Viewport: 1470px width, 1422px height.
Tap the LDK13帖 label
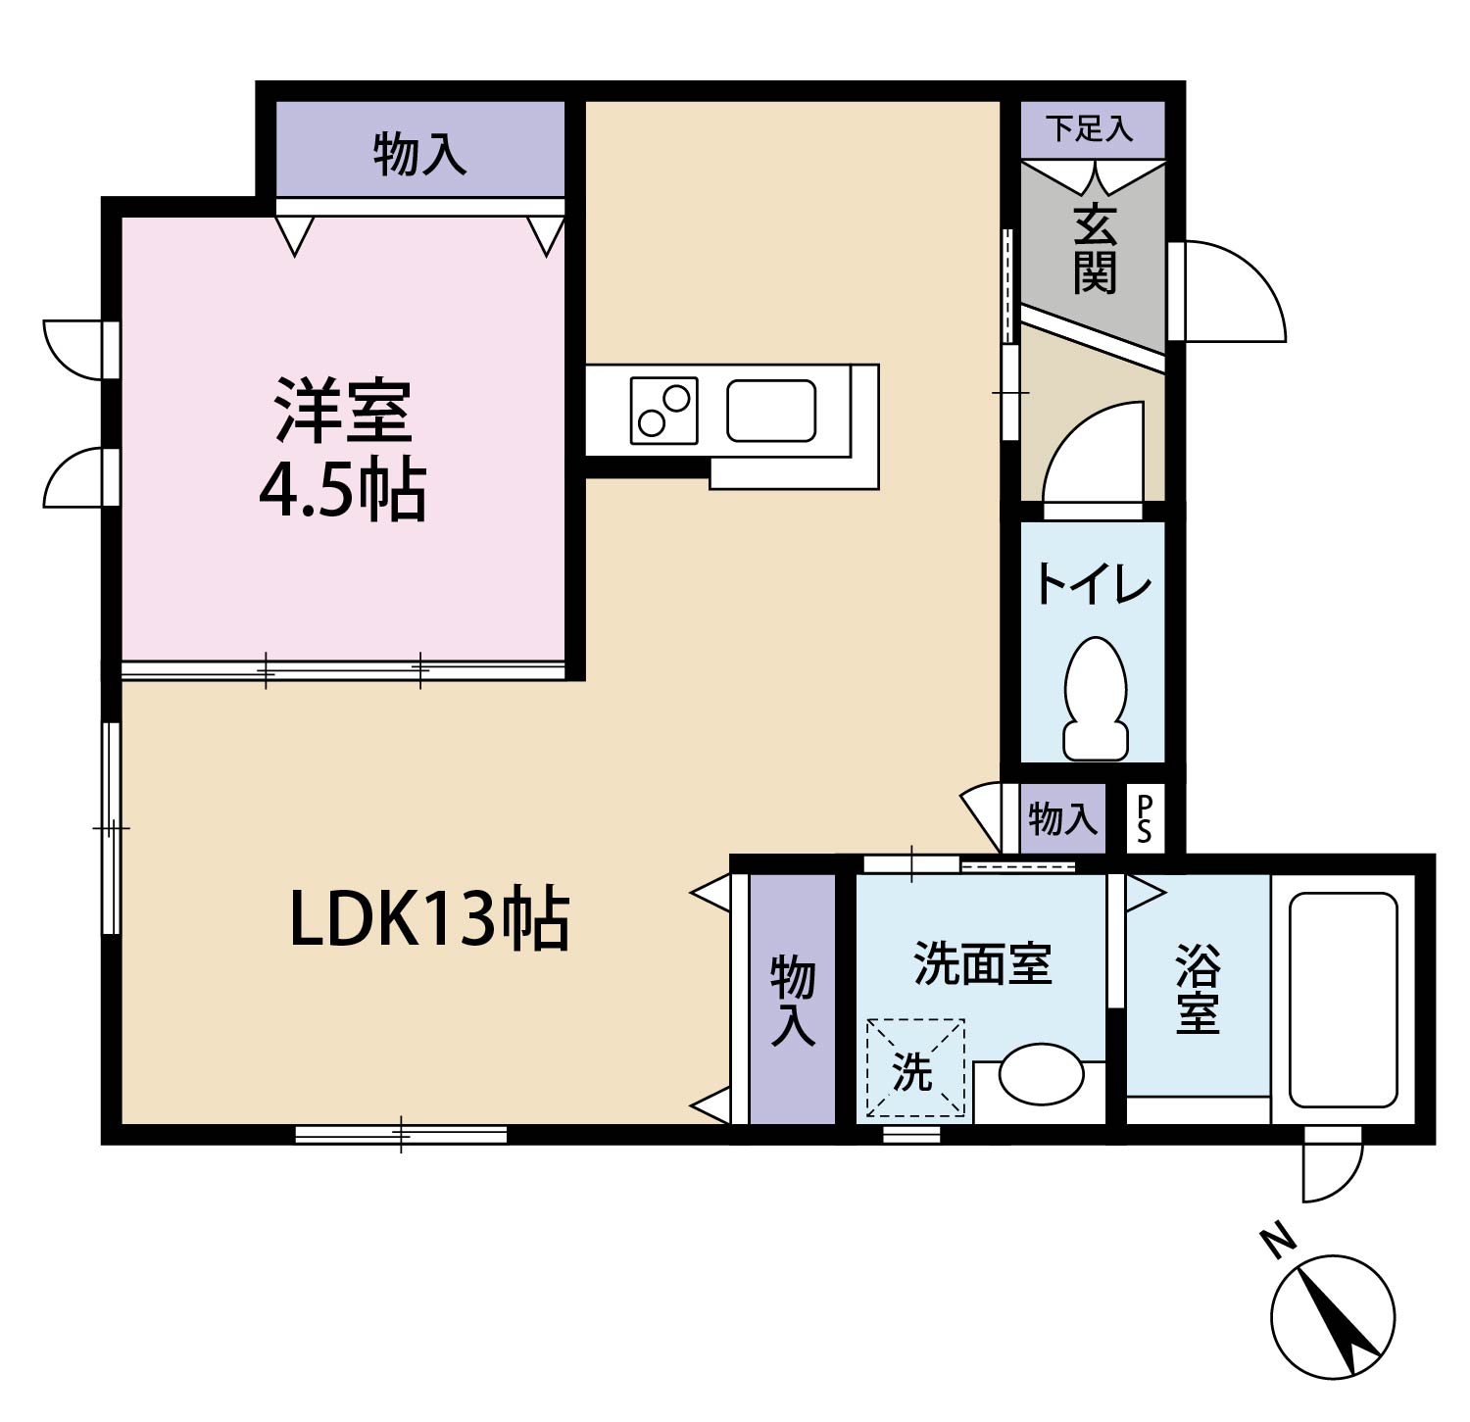(x=429, y=918)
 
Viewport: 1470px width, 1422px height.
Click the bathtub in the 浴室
(x=1343, y=1000)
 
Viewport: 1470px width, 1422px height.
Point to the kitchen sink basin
(x=771, y=411)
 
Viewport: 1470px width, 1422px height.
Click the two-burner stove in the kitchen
(x=663, y=411)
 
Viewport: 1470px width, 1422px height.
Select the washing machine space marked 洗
(x=914, y=1069)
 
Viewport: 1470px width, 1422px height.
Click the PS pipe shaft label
(x=1143, y=818)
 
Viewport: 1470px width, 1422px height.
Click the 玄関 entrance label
(x=1094, y=251)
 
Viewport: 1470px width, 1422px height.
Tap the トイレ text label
(x=1092, y=585)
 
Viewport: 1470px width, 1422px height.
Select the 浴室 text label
(x=1197, y=988)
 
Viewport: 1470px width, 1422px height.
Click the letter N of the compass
(x=1278, y=1242)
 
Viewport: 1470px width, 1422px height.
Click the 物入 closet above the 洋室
(x=419, y=154)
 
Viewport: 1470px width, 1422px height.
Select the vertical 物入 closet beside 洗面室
(x=792, y=1000)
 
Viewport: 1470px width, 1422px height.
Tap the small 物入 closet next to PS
(x=1062, y=818)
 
